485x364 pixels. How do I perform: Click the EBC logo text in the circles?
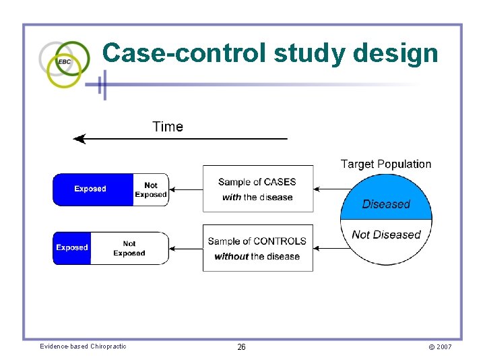65,61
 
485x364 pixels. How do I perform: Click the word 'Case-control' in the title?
184,53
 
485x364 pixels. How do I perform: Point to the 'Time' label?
168,127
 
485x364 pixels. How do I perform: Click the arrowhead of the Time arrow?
79,139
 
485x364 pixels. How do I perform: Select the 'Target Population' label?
386,164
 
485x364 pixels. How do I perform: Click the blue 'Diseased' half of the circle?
386,198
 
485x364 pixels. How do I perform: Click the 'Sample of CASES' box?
258,189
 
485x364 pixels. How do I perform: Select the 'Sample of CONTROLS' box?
258,248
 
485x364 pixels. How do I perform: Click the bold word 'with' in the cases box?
232,197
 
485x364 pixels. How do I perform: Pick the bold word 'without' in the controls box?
231,256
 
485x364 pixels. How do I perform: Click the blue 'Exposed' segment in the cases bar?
93,189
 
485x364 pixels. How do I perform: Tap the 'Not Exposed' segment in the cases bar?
151,189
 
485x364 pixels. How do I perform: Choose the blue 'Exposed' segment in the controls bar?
72,248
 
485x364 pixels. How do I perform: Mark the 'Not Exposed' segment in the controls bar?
130,248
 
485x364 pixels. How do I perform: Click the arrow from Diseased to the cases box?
333,189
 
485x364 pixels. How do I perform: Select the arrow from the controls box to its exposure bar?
186,249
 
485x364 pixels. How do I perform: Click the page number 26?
241,347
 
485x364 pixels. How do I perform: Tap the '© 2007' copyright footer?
440,347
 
